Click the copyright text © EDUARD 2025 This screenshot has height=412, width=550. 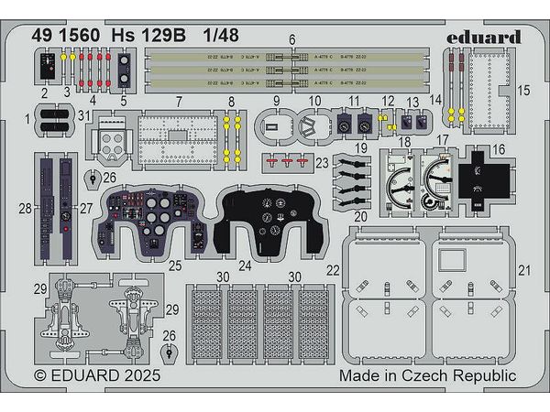pyautogui.click(x=97, y=375)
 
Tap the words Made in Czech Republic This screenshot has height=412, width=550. pyautogui.click(x=427, y=375)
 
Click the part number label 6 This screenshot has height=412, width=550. pyautogui.click(x=291, y=38)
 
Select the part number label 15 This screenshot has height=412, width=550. pyautogui.click(x=524, y=91)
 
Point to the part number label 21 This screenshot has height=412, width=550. pyautogui.click(x=524, y=269)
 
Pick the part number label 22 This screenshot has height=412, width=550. pyautogui.click(x=333, y=269)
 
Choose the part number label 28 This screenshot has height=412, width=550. pyautogui.click(x=26, y=209)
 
